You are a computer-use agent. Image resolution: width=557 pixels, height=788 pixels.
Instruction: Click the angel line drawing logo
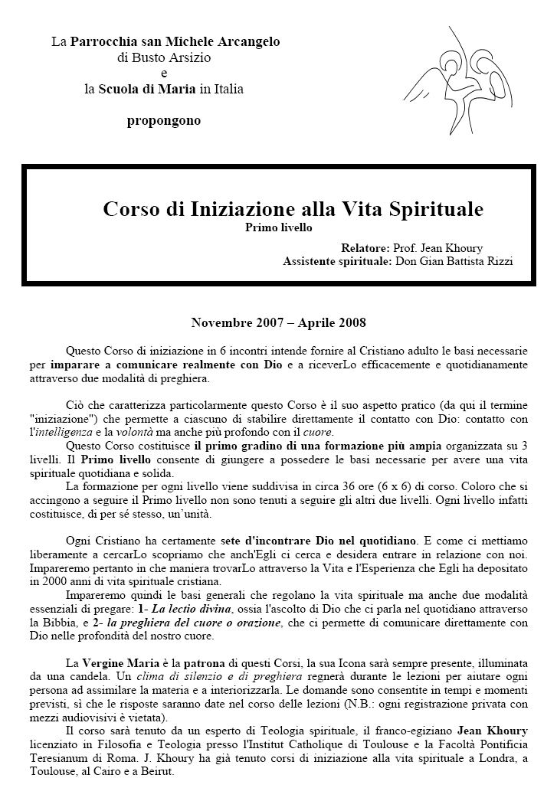(461, 74)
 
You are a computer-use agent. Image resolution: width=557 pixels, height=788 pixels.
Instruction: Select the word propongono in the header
(164, 120)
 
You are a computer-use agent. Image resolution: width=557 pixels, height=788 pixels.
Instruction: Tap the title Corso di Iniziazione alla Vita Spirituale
(293, 208)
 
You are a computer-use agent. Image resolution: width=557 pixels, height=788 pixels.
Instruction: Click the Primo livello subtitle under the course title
(279, 227)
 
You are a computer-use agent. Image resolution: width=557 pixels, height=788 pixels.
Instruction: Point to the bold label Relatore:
(365, 248)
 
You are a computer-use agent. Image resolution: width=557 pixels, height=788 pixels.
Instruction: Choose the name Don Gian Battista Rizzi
(454, 261)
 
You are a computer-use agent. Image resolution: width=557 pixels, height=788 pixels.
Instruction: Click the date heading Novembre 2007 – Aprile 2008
(278, 322)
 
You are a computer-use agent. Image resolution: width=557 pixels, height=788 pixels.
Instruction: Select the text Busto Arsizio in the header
(164, 57)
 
